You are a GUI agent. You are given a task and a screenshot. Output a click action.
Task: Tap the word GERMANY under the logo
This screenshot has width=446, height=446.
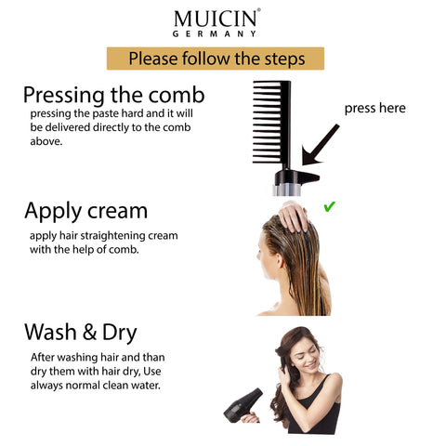[x=215, y=33]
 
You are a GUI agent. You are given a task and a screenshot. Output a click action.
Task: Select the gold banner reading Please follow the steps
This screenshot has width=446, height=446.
[x=216, y=59]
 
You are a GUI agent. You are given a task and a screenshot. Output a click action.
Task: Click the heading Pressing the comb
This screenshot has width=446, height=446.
[x=113, y=95]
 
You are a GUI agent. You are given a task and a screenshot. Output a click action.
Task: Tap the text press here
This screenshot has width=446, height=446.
[x=374, y=108]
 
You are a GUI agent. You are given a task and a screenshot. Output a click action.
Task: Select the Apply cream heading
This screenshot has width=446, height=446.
[x=85, y=210]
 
